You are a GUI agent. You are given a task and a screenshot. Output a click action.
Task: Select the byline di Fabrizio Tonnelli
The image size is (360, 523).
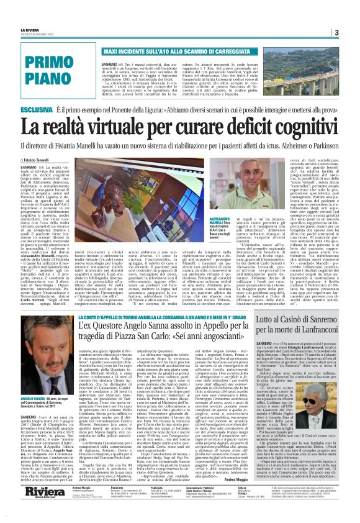pos(38,161)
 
